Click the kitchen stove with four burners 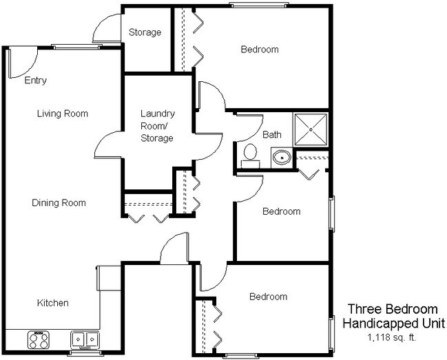[x=39, y=339]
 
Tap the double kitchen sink [x=85, y=339]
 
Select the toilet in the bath [x=250, y=154]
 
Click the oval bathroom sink [x=281, y=158]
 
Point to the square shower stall [x=311, y=128]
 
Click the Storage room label [x=145, y=32]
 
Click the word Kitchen [x=52, y=303]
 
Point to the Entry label [x=35, y=81]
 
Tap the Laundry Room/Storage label [x=157, y=125]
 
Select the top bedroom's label [x=259, y=50]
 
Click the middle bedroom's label [x=281, y=211]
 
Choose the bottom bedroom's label [x=268, y=297]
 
